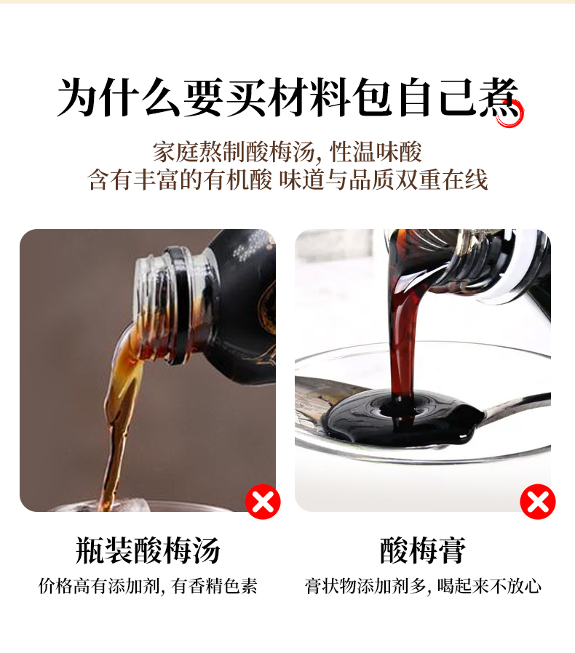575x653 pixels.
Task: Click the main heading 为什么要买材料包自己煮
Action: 287,98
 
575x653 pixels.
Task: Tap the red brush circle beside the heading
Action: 510,113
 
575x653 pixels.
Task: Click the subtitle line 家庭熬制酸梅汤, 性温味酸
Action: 287,151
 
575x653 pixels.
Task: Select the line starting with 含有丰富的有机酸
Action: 287,180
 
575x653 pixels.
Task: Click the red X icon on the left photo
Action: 263,502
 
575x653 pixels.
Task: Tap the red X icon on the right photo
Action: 537,502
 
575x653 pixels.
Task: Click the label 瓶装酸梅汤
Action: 148,550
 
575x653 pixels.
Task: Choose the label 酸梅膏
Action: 423,550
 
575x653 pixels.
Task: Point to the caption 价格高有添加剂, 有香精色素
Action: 148,586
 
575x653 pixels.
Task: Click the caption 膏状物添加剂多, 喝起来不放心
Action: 423,586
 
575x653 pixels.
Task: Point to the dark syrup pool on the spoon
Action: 400,417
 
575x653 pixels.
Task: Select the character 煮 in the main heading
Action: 499,98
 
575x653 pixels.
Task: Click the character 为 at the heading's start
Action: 76,98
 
